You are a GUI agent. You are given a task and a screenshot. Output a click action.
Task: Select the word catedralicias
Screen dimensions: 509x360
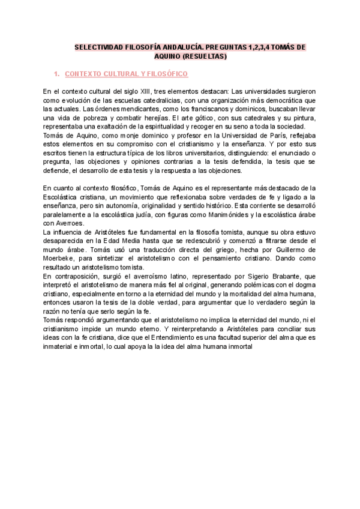[154, 100]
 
